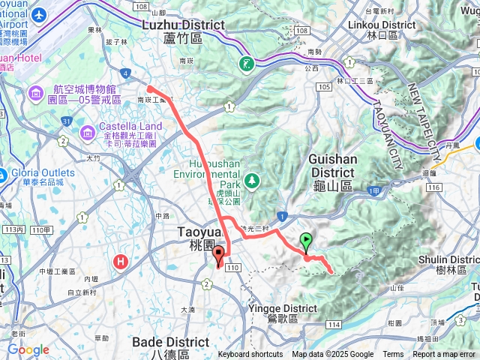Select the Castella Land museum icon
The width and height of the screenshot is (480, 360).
pos(87,132)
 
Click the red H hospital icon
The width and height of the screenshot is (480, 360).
pos(121,262)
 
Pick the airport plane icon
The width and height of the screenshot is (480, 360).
pos(38,15)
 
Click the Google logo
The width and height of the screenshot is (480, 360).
pos(28,349)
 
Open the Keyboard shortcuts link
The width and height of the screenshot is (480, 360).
pos(250,355)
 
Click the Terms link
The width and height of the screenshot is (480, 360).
pos(393,355)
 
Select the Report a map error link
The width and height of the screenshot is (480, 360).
pos(445,355)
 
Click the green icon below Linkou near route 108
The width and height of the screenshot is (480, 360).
pos(247,63)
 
